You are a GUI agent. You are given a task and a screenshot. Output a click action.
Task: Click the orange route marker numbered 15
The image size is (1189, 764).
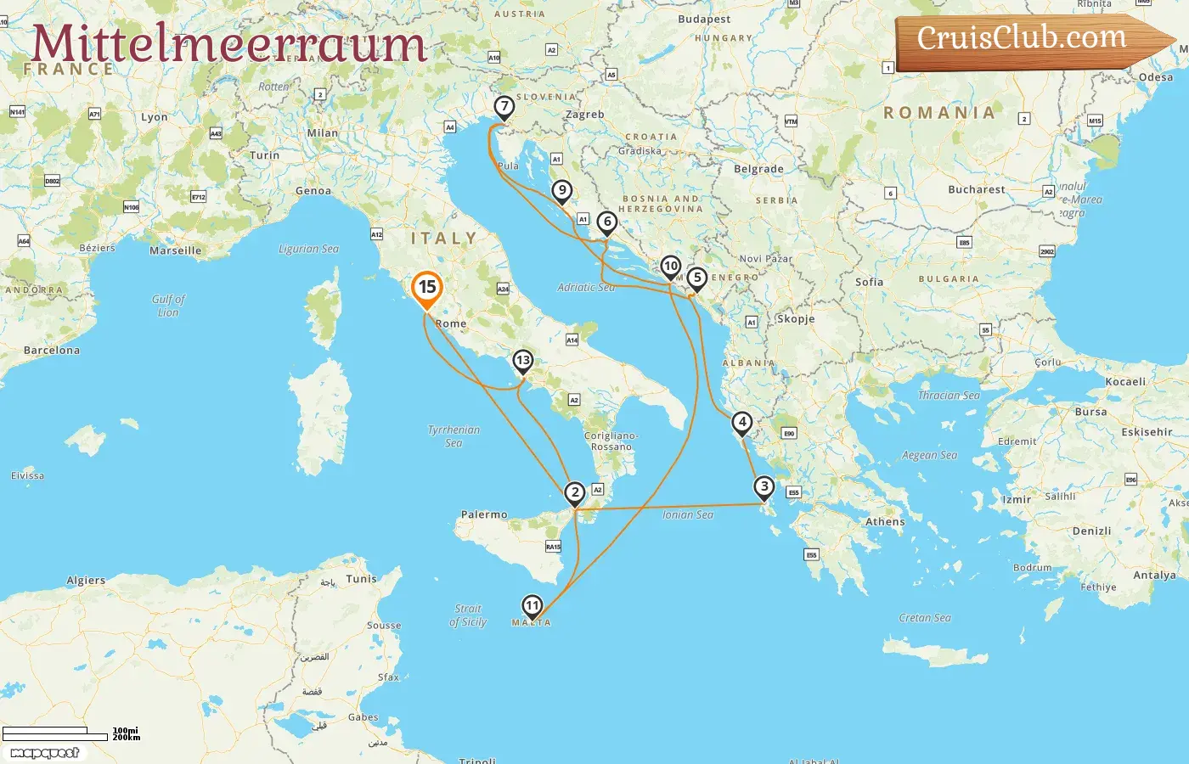(427, 288)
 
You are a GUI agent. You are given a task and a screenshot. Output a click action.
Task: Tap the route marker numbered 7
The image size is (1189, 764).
(504, 107)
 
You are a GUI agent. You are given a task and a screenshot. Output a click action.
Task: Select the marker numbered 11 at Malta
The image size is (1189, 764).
(532, 605)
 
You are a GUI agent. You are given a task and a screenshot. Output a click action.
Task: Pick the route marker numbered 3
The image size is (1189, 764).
(764, 487)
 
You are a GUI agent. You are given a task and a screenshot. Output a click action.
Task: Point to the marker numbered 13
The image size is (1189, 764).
(522, 361)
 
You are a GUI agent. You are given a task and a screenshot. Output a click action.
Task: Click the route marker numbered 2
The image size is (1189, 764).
(575, 492)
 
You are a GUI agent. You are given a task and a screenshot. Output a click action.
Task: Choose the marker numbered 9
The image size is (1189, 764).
(561, 191)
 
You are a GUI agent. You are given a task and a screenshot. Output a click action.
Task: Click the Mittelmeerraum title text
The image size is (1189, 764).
(228, 44)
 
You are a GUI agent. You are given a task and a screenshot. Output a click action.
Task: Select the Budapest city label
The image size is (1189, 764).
(704, 20)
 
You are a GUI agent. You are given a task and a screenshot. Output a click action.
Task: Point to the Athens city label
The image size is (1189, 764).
(885, 522)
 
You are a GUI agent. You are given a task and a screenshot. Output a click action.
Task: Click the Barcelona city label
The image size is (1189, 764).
(52, 351)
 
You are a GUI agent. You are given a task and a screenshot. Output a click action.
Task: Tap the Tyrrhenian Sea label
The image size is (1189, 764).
(454, 436)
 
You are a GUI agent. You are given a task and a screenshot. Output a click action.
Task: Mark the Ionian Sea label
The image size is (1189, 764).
(688, 515)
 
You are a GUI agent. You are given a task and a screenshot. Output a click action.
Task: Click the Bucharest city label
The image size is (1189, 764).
(976, 190)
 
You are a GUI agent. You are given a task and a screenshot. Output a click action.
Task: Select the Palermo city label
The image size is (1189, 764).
(484, 515)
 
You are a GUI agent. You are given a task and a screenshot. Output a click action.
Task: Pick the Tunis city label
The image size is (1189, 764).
(361, 579)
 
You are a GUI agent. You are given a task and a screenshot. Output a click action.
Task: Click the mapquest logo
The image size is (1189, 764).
(44, 753)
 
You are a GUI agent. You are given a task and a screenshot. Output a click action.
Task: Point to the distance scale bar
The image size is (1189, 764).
(56, 733)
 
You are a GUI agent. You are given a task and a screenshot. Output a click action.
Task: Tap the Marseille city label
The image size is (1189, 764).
(176, 251)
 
